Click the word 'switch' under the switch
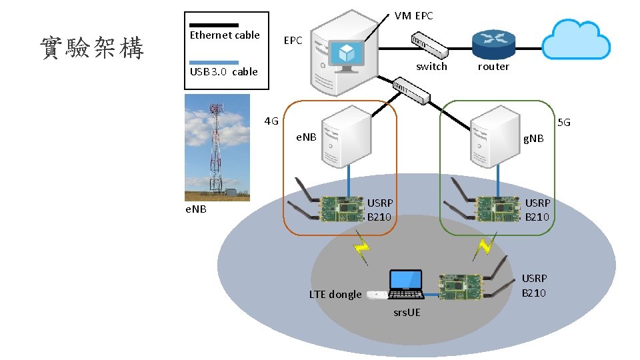coord(431,66)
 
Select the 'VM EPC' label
coord(413,15)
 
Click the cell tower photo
coord(217,147)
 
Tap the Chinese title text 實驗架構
coord(92,48)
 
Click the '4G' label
coord(271,121)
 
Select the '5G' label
coord(564,123)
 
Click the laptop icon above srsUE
coord(405,285)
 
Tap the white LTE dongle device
coord(377,294)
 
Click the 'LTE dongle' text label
coord(335,295)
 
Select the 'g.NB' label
coord(533,139)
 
